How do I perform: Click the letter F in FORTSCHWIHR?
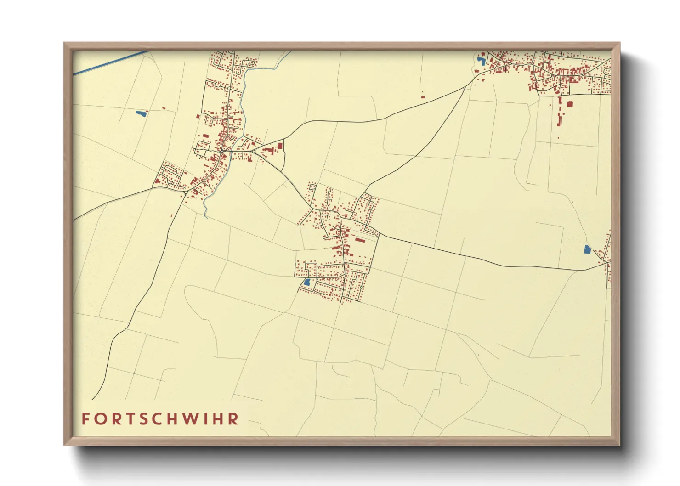click(85, 419)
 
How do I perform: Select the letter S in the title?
click(147, 419)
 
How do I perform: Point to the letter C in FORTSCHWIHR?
click(161, 419)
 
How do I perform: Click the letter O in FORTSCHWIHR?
click(101, 419)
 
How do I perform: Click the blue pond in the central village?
click(306, 282)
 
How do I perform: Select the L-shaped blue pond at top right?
click(482, 60)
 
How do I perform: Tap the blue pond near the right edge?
click(587, 249)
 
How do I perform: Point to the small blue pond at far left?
click(140, 113)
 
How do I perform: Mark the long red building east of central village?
click(359, 239)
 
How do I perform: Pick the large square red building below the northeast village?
click(570, 104)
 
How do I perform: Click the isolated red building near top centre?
click(423, 96)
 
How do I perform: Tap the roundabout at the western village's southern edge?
click(185, 192)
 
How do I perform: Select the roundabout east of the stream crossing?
click(254, 151)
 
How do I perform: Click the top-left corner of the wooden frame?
click(64, 43)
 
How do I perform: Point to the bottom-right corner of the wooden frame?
click(619, 445)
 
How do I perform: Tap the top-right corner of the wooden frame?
click(619, 43)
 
